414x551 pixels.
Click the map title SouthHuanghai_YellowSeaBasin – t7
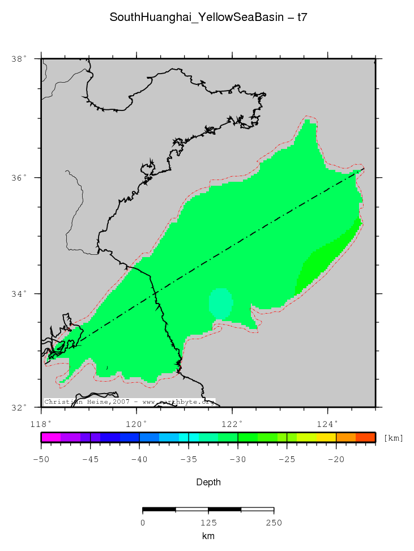[208, 18]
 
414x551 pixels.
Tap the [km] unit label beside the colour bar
[394, 438]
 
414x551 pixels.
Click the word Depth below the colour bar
[208, 482]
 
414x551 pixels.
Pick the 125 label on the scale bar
[208, 522]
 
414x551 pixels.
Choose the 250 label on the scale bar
[274, 522]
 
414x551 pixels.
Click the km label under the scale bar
[208, 536]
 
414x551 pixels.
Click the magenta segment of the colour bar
[51, 437]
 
